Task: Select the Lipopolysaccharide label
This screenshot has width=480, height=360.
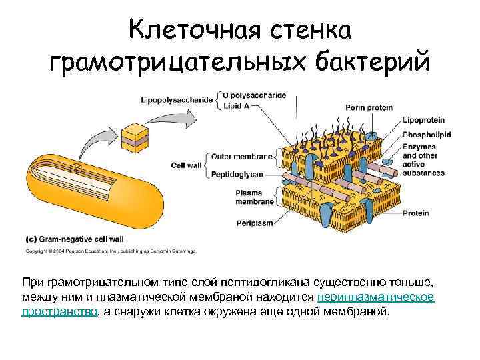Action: pyautogui.click(x=177, y=100)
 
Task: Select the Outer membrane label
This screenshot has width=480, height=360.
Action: pyautogui.click(x=242, y=156)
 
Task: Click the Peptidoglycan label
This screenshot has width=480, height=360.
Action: pyautogui.click(x=238, y=173)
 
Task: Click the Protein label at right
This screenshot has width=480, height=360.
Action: pyautogui.click(x=415, y=213)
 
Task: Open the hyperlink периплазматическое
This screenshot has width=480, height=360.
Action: pyautogui.click(x=377, y=297)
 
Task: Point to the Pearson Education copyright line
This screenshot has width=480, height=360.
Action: pyautogui.click(x=110, y=251)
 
